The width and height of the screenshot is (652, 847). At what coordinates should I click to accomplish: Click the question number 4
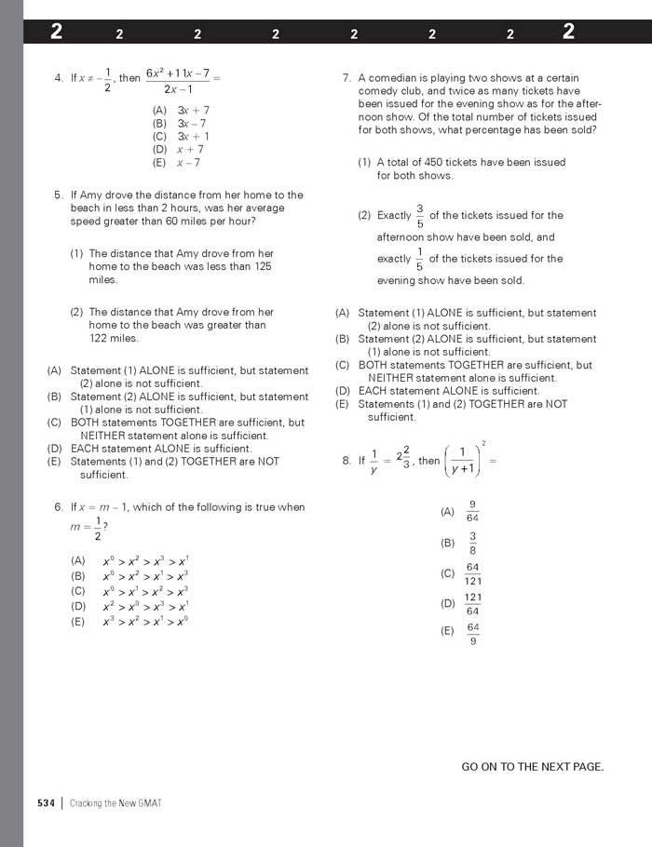tap(59, 78)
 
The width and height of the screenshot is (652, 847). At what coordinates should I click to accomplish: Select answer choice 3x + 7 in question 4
tap(193, 110)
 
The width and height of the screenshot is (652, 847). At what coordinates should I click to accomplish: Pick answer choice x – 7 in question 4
tap(188, 162)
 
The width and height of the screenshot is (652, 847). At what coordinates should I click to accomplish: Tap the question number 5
tap(59, 195)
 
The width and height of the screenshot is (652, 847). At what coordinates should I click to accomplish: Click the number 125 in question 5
tap(262, 266)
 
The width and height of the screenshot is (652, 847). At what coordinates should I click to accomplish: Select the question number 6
tap(59, 507)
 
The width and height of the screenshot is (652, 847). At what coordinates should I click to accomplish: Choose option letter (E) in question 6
tap(78, 621)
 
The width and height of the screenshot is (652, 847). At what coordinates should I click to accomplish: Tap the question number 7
tap(346, 78)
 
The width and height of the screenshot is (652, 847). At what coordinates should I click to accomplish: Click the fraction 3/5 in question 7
tap(419, 215)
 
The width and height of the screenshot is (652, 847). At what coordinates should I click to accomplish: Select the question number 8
tap(346, 460)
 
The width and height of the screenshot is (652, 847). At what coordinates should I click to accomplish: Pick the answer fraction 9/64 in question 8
tap(472, 512)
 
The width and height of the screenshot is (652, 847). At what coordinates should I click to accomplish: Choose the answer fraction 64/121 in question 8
tap(472, 573)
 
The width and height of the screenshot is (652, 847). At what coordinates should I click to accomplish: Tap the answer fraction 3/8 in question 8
tap(472, 543)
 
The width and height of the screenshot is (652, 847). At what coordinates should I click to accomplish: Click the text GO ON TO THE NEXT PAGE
tap(532, 767)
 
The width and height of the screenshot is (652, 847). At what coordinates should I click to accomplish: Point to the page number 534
tap(47, 803)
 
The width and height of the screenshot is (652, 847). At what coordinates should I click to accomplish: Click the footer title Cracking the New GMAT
tap(115, 803)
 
